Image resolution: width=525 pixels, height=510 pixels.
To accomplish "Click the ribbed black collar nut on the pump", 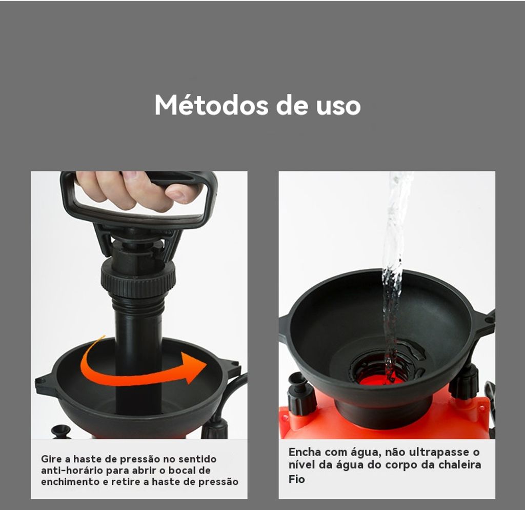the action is point(138,278).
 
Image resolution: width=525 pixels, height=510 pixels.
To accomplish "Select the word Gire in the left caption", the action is point(52,459).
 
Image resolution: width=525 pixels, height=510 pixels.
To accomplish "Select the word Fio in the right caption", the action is point(297,479).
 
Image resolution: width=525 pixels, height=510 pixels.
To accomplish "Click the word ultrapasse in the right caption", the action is point(439,452).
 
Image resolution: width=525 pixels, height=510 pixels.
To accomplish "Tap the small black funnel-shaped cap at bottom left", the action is point(62,431).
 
